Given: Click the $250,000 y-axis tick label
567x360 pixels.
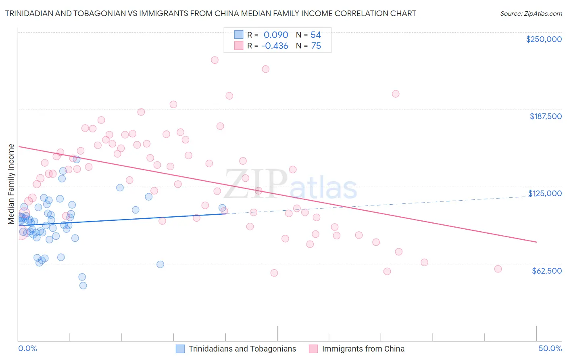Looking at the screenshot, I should tap(544, 39).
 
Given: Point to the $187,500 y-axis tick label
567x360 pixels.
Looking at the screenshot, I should tap(545, 116).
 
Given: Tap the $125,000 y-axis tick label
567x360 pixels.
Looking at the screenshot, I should tap(545, 193).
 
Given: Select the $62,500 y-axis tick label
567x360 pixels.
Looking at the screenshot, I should tap(546, 271).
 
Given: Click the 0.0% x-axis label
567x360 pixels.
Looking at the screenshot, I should tap(27, 348).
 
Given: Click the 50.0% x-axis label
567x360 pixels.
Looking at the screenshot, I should tap(550, 348).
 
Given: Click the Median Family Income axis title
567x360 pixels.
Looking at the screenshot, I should tap(11, 184).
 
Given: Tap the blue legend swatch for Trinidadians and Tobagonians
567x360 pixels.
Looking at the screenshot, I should tap(180, 349).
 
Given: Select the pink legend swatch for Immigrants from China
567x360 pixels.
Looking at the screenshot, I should tap(313, 349).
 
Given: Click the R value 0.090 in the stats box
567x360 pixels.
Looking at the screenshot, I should tap(276, 35).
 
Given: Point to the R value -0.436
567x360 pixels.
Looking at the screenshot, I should tap(275, 46).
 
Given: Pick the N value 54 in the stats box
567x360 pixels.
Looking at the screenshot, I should tap(316, 35).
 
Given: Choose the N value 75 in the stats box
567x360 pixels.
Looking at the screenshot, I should tap(316, 46).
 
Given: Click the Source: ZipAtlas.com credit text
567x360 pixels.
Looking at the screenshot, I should tap(531, 14).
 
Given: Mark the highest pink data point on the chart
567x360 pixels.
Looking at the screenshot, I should tap(215, 60).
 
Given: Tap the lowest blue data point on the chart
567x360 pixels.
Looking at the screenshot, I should tap(83, 285).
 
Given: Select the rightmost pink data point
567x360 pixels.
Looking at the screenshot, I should tap(498, 269).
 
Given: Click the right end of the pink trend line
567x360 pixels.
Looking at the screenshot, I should tap(536, 242).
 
